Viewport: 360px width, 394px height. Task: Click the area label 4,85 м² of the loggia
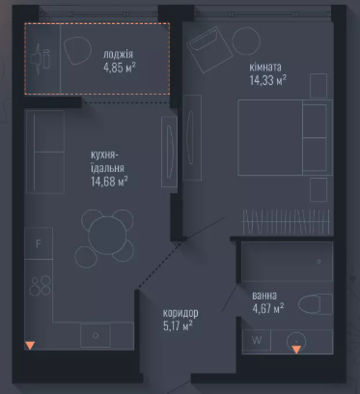120,68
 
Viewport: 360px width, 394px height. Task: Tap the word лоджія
118,54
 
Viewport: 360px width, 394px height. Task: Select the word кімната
265,67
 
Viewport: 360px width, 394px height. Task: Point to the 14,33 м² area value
268,80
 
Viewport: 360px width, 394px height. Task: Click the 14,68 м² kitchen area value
109,182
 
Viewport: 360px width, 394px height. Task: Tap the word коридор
180,313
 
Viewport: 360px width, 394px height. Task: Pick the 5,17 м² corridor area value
178,326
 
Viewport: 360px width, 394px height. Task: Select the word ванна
264,295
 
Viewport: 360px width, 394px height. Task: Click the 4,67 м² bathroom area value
268,308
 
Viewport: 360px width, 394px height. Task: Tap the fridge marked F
39,243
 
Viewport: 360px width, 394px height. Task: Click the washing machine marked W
257,340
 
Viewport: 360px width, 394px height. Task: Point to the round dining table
107,236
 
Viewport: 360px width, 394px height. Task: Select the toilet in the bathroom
316,304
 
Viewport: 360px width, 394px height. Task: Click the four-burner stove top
41,286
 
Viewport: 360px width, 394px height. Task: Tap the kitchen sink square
96,335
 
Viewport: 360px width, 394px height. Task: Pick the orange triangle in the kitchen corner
30,346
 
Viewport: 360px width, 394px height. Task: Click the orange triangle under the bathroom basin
296,350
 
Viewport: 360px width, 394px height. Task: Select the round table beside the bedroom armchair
246,42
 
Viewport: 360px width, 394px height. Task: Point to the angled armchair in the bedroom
209,49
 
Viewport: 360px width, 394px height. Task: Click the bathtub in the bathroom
288,262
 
